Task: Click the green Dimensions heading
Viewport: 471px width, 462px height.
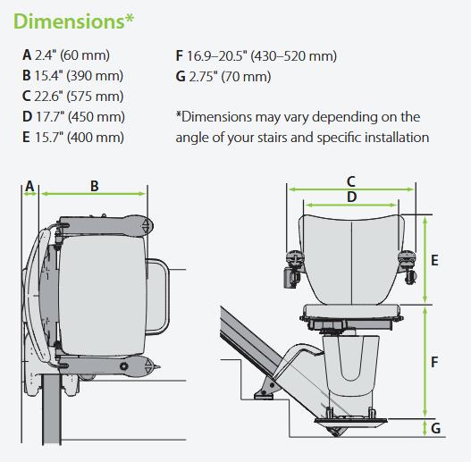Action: pos(73,21)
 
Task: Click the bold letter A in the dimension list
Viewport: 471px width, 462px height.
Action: pos(27,55)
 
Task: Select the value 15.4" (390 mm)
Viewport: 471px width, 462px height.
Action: pos(79,76)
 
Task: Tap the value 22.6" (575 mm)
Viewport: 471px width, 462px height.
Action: pos(79,97)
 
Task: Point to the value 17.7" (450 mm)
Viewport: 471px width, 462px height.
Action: pos(80,117)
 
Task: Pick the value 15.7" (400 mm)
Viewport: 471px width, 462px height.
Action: pos(80,138)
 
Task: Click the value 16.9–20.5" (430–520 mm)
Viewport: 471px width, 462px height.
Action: pos(262,56)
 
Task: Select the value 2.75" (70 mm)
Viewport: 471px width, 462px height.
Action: pos(230,76)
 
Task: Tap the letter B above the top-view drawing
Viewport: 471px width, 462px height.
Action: pos(95,186)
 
